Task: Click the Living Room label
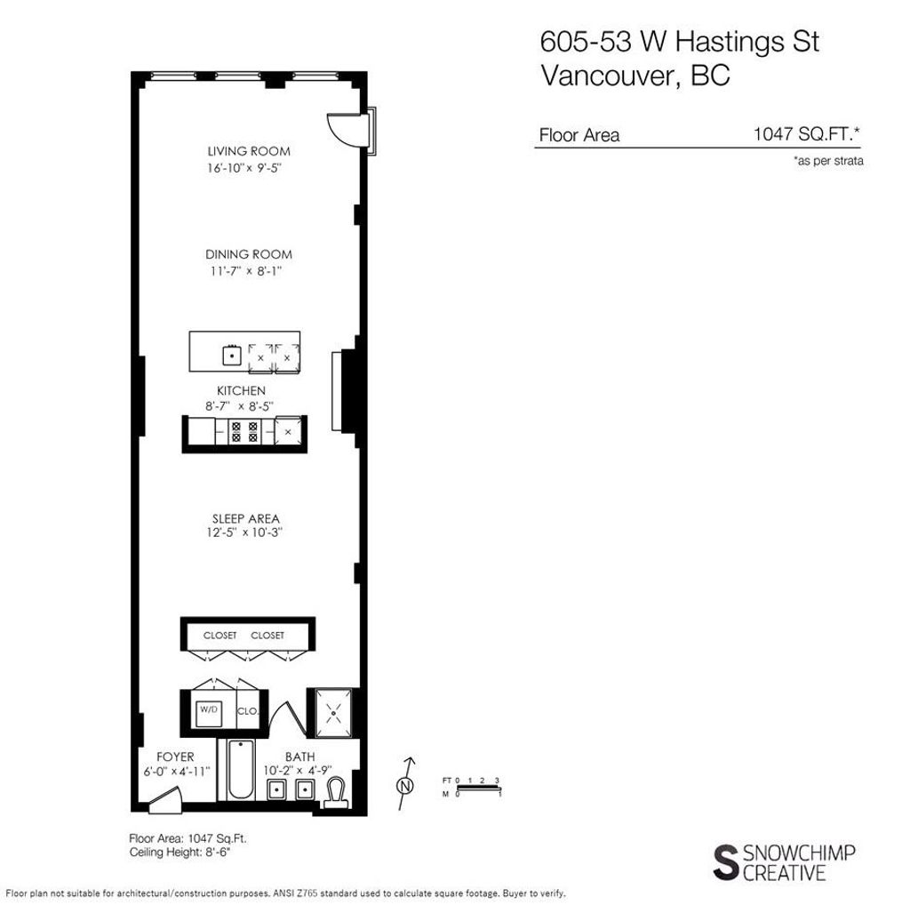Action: pos(249,151)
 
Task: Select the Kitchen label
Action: pos(241,390)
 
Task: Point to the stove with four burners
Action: pos(244,432)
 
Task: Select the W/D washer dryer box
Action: pos(208,709)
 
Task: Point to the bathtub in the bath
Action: pos(239,770)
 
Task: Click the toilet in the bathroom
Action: pos(336,790)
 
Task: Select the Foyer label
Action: pos(175,757)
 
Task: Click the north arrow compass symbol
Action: pos(406,785)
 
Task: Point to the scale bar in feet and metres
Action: pos(478,787)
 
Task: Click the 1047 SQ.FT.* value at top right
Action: pos(807,135)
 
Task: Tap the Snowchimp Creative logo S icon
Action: pos(725,861)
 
